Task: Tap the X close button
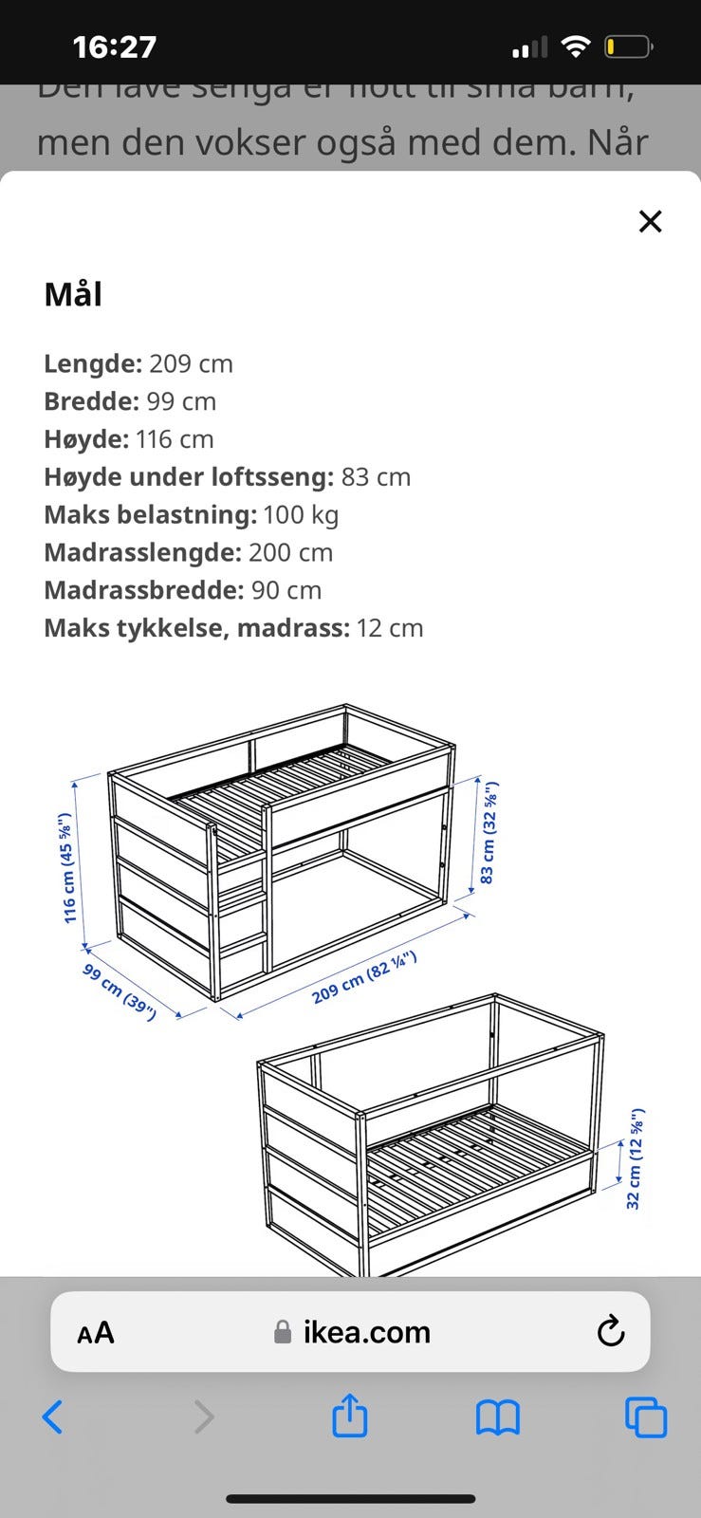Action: (650, 221)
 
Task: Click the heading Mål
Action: (73, 294)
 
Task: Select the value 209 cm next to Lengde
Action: (191, 363)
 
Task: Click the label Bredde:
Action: (91, 401)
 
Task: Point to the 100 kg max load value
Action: (301, 514)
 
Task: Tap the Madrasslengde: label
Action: (142, 552)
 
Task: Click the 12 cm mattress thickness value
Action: (390, 628)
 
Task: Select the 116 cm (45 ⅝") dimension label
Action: (66, 868)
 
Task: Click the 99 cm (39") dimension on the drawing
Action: (120, 991)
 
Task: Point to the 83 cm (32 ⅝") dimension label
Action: (489, 833)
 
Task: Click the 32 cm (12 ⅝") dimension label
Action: (635, 1158)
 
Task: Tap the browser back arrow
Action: (53, 1417)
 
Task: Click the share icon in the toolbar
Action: (349, 1416)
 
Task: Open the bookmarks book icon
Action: (497, 1417)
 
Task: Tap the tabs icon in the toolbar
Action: (646, 1417)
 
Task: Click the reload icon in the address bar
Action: (611, 1332)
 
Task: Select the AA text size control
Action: (96, 1333)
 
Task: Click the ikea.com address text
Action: (366, 1332)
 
